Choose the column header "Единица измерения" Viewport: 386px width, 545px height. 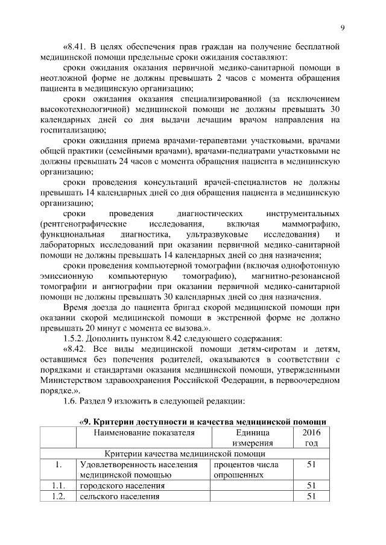pyautogui.click(x=250, y=438)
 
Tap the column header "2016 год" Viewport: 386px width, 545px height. pyautogui.click(x=312, y=438)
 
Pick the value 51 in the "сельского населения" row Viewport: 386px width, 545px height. pyautogui.click(x=312, y=496)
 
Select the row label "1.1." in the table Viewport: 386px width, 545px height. pyautogui.click(x=58, y=485)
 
